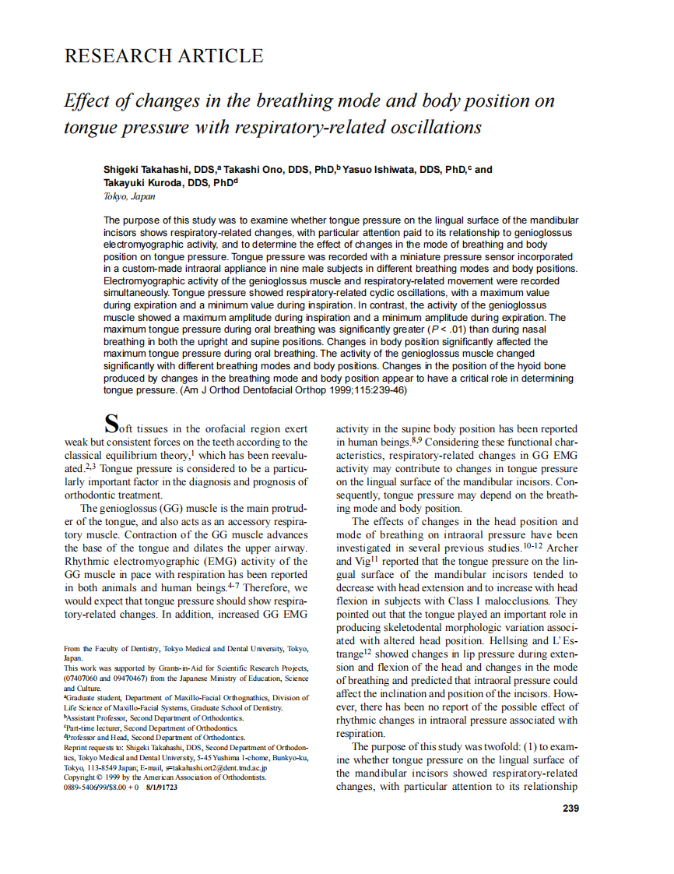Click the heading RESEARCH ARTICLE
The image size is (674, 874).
[x=163, y=56]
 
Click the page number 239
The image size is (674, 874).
[x=570, y=809]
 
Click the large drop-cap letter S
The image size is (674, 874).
[x=112, y=425]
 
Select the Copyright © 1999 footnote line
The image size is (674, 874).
[x=165, y=777]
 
